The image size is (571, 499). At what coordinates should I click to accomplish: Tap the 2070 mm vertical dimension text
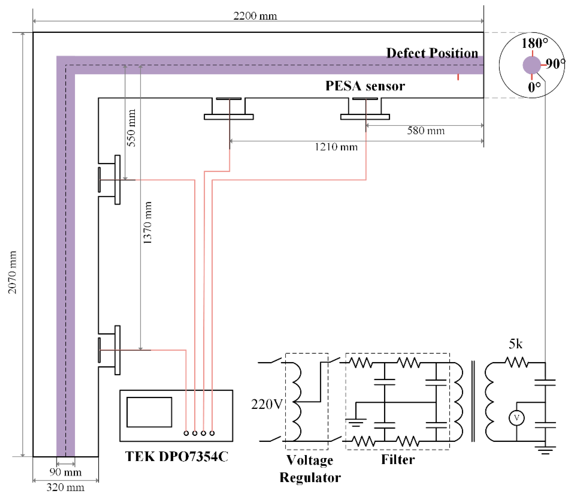point(12,272)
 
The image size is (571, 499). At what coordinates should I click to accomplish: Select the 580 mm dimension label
point(426,131)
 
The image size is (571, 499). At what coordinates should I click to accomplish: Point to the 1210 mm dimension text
point(336,147)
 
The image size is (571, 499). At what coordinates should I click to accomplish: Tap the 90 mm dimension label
point(66,472)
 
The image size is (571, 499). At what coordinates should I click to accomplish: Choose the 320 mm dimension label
point(65,487)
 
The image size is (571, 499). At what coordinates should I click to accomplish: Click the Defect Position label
point(432,53)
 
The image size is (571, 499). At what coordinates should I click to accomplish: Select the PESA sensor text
point(365,86)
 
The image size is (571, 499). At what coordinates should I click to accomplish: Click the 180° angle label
point(534,43)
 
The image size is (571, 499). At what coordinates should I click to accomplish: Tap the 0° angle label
point(534,87)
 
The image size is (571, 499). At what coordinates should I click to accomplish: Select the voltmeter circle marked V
point(517,418)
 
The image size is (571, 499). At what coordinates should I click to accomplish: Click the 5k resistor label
point(515,344)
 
